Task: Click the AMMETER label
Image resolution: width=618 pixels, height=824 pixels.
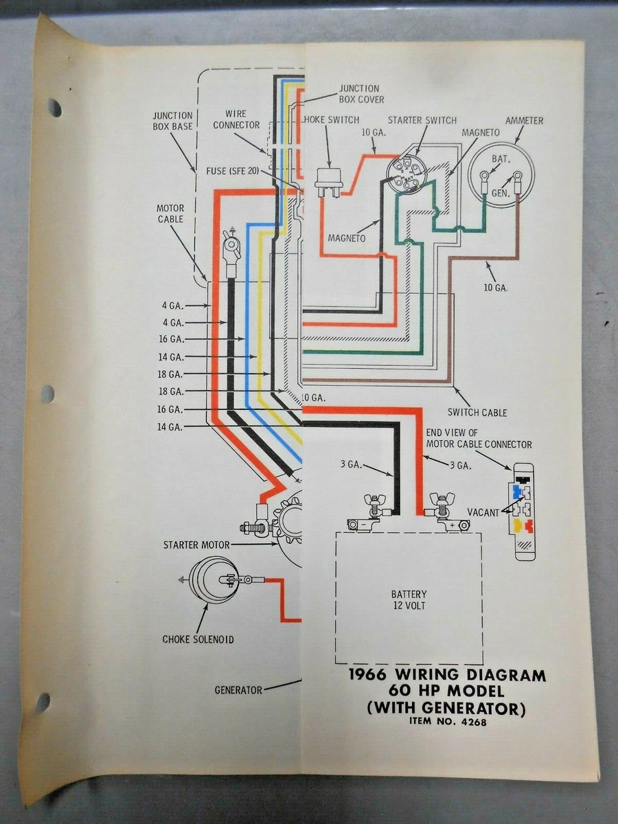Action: [x=524, y=121]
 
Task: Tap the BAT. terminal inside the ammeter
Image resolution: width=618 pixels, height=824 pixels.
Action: [x=499, y=159]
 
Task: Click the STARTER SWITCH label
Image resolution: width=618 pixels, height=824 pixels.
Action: [x=422, y=121]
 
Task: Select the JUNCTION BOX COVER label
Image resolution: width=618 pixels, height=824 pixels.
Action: [x=358, y=93]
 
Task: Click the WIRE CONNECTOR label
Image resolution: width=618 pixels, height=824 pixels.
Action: [x=236, y=119]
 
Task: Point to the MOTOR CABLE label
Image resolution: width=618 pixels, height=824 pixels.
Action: [x=170, y=213]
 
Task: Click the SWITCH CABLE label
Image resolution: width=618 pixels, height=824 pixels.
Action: [x=477, y=412]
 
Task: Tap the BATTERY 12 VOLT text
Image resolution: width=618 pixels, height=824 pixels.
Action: [x=409, y=599]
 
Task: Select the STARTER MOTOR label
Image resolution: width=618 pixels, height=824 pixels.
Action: [x=196, y=545]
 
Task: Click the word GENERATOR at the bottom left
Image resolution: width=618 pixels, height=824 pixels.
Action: [x=238, y=689]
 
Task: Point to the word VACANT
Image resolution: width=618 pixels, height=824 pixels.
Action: [x=484, y=512]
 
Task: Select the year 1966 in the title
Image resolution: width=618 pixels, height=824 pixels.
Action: [x=367, y=676]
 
